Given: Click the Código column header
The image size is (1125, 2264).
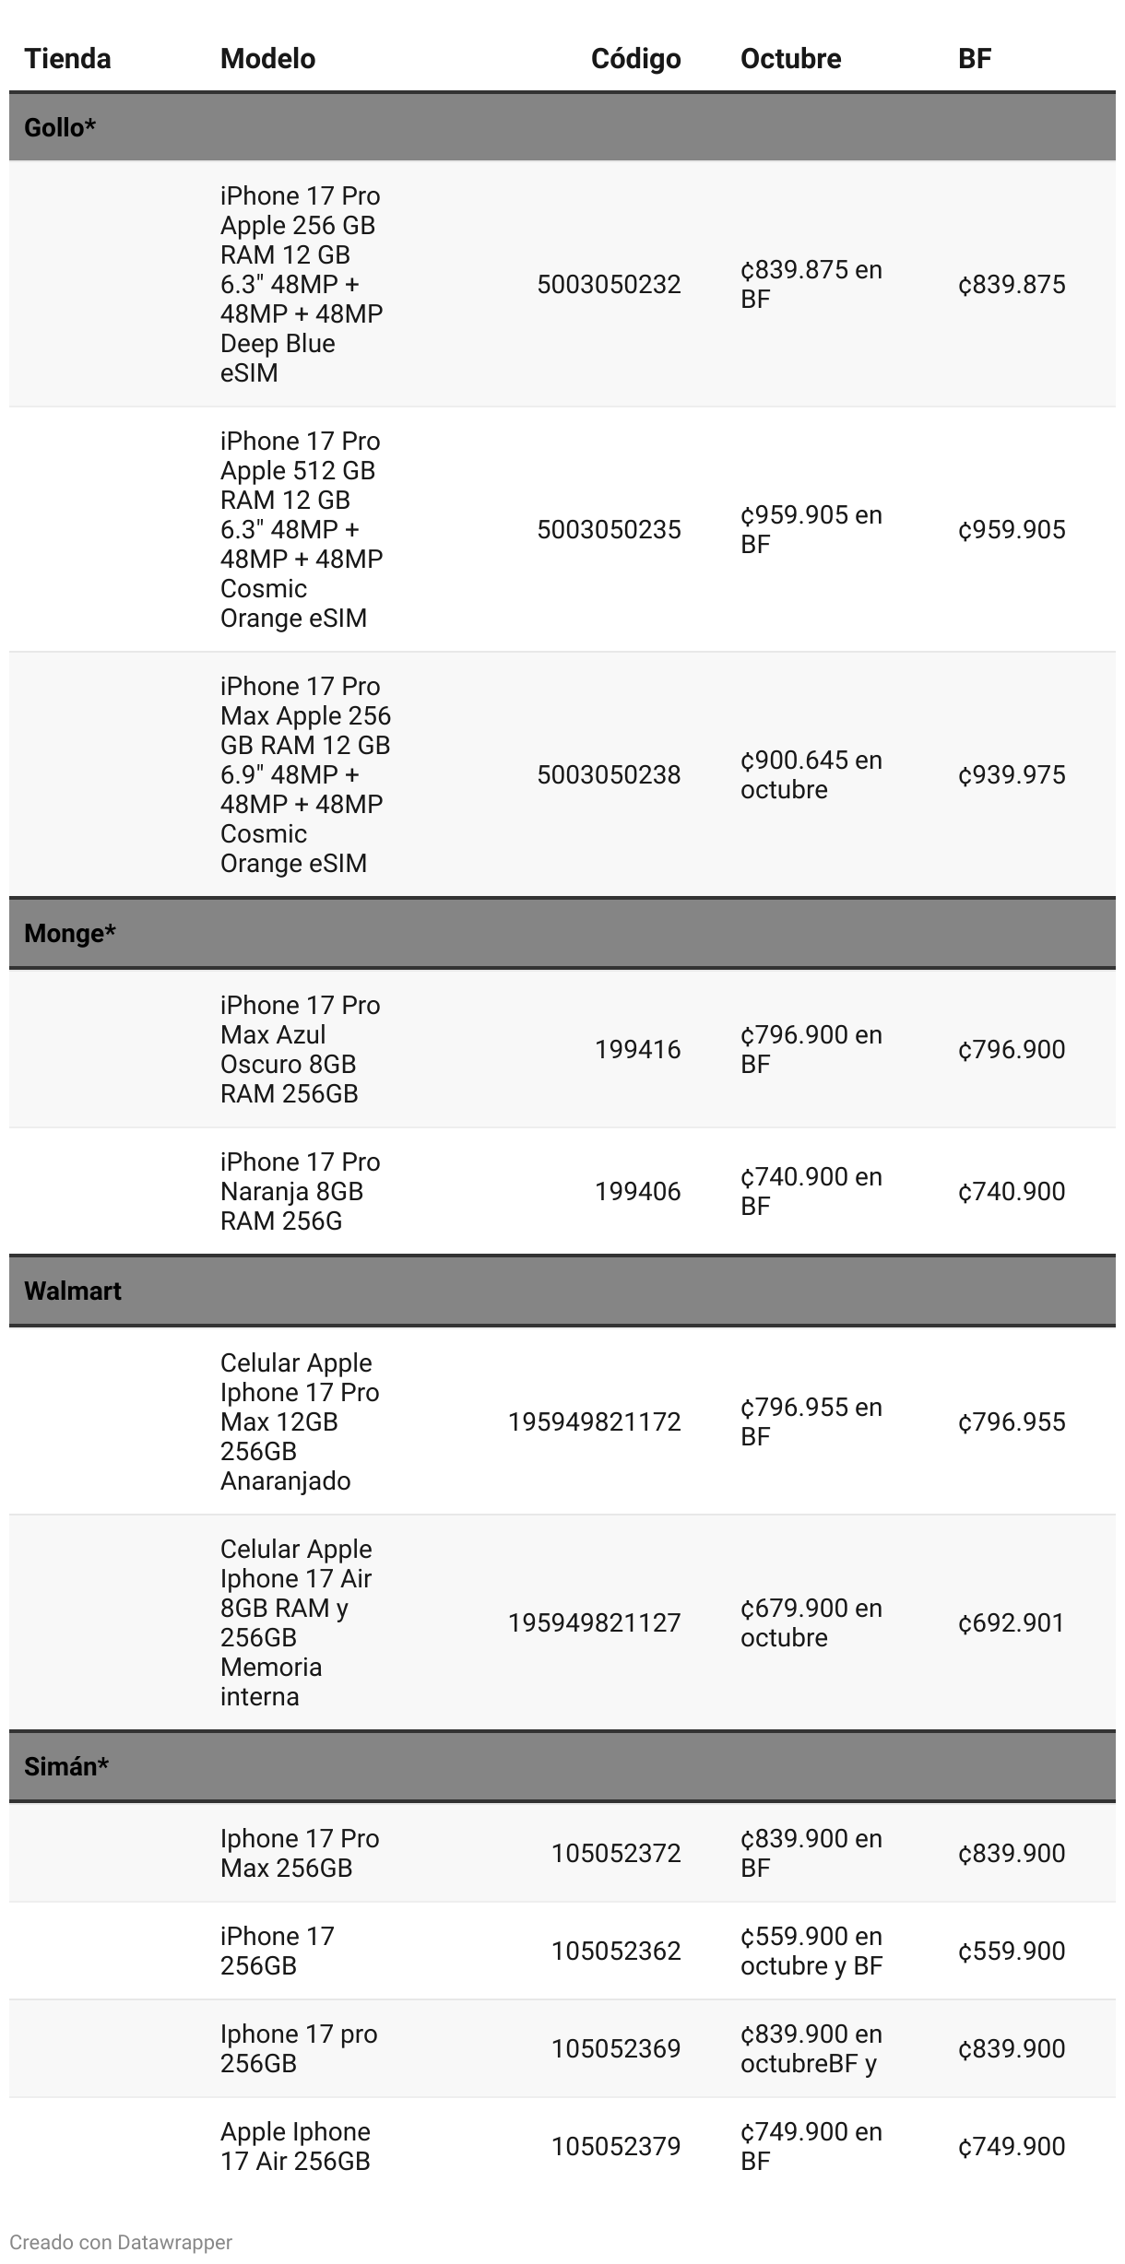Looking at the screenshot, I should click(635, 59).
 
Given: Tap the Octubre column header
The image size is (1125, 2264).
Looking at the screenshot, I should click(790, 59).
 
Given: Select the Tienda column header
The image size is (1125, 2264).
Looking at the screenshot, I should click(67, 59).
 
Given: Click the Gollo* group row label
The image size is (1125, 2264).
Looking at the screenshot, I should click(60, 127).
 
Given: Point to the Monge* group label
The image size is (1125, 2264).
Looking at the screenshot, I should click(70, 933).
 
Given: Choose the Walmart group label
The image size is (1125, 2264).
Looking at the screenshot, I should click(73, 1291).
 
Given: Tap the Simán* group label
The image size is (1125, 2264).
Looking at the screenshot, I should click(66, 1766).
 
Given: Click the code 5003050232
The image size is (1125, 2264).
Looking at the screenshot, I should click(609, 284).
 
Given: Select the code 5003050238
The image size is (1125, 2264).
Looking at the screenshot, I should click(609, 774).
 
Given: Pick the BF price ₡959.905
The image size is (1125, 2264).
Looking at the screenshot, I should click(1012, 529).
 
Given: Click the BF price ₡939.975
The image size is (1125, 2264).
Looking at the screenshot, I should click(1012, 774).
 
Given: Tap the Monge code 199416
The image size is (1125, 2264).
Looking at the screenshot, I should click(637, 1049).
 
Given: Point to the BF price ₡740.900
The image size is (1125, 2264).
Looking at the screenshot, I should click(1012, 1191).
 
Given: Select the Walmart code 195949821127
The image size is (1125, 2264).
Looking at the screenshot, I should click(594, 1622).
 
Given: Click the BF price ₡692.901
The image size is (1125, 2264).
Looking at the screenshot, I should click(1012, 1622).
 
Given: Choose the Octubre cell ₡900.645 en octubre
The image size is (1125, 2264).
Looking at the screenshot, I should click(811, 774).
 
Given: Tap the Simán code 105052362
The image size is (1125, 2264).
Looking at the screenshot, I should click(616, 1951).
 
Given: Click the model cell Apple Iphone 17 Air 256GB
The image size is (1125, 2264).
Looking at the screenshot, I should click(295, 2146).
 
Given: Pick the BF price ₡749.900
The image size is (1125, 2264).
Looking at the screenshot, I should click(1012, 2146).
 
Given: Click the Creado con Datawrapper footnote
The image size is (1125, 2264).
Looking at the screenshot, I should click(121, 2242).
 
